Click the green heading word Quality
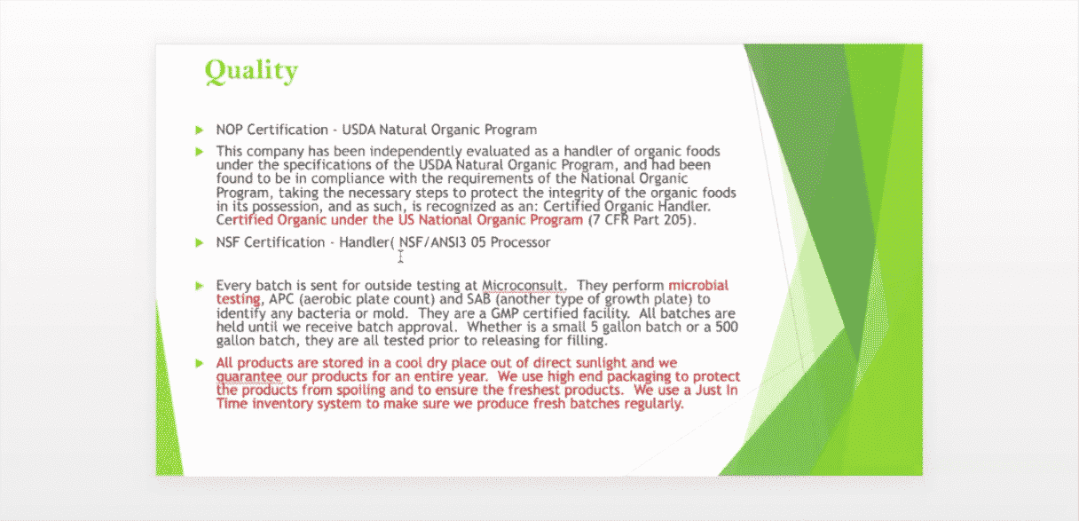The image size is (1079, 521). (251, 72)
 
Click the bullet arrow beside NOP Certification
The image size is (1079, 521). (199, 130)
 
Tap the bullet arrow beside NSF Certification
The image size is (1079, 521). (199, 242)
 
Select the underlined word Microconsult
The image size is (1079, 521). (523, 286)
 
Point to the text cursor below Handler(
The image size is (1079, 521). (400, 257)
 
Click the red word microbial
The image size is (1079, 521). (698, 285)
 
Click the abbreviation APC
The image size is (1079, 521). (280, 299)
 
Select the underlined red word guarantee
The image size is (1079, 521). (248, 377)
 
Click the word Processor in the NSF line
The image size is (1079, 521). (520, 242)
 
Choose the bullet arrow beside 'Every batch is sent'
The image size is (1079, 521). (199, 286)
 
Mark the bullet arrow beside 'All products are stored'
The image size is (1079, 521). (199, 363)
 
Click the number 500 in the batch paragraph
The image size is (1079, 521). (727, 328)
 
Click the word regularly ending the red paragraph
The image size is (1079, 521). (654, 404)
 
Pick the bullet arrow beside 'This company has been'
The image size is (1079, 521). (199, 153)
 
